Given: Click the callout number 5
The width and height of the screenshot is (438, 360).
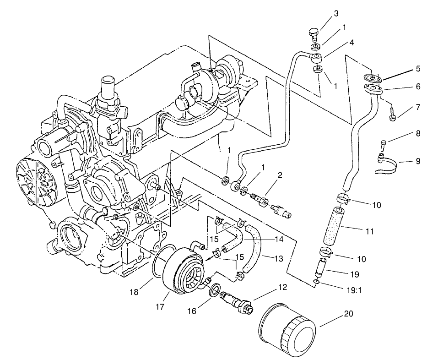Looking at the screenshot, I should (418, 70).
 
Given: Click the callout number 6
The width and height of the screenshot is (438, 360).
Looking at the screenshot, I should (418, 86).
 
